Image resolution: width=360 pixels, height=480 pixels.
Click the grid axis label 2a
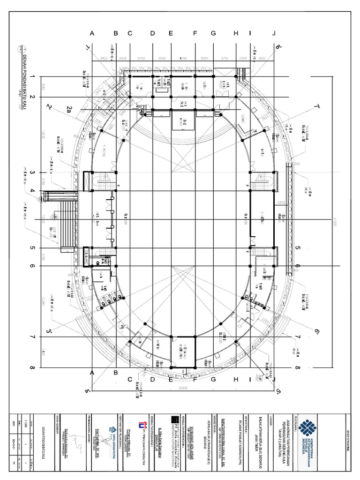click(69, 109)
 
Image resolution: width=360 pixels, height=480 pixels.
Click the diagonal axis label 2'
click(49, 107)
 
